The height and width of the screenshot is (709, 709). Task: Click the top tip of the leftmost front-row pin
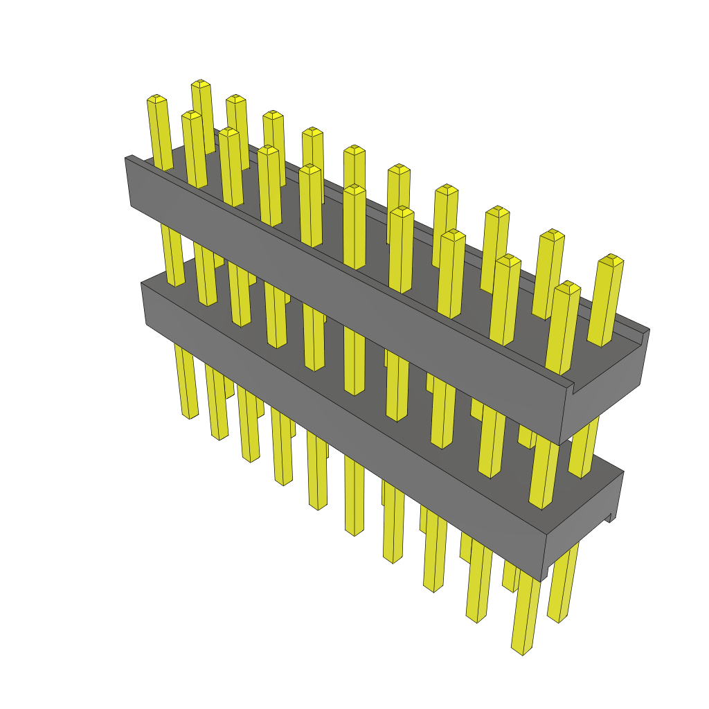pos(156,98)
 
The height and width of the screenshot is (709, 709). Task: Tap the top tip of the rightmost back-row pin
pos(611,259)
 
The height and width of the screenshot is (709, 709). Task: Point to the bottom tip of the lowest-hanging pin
pos(521,651)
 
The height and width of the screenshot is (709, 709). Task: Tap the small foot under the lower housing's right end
pos(611,517)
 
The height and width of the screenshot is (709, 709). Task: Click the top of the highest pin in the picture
pos(201,83)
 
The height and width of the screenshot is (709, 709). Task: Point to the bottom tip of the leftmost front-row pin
pos(189,416)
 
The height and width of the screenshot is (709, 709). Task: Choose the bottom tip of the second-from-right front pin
pos(476,618)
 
